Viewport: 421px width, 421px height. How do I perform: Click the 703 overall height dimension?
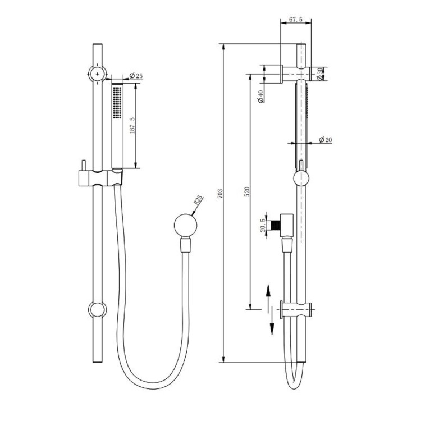click(x=221, y=194)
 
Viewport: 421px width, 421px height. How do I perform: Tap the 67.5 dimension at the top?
click(x=295, y=20)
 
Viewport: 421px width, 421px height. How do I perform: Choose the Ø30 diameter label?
click(x=321, y=74)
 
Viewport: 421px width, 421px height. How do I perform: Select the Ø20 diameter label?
click(x=325, y=139)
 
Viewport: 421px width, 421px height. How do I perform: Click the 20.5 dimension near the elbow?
click(x=262, y=225)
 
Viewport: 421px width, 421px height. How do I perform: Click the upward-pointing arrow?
click(x=269, y=294)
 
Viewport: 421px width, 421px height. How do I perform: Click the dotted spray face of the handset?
click(x=117, y=102)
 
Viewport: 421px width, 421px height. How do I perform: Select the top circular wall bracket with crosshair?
click(x=98, y=74)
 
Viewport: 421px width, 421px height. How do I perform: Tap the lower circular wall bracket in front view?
click(x=98, y=309)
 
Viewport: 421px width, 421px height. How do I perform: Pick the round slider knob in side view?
click(x=301, y=179)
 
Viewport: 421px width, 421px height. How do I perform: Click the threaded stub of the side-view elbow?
click(x=276, y=225)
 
